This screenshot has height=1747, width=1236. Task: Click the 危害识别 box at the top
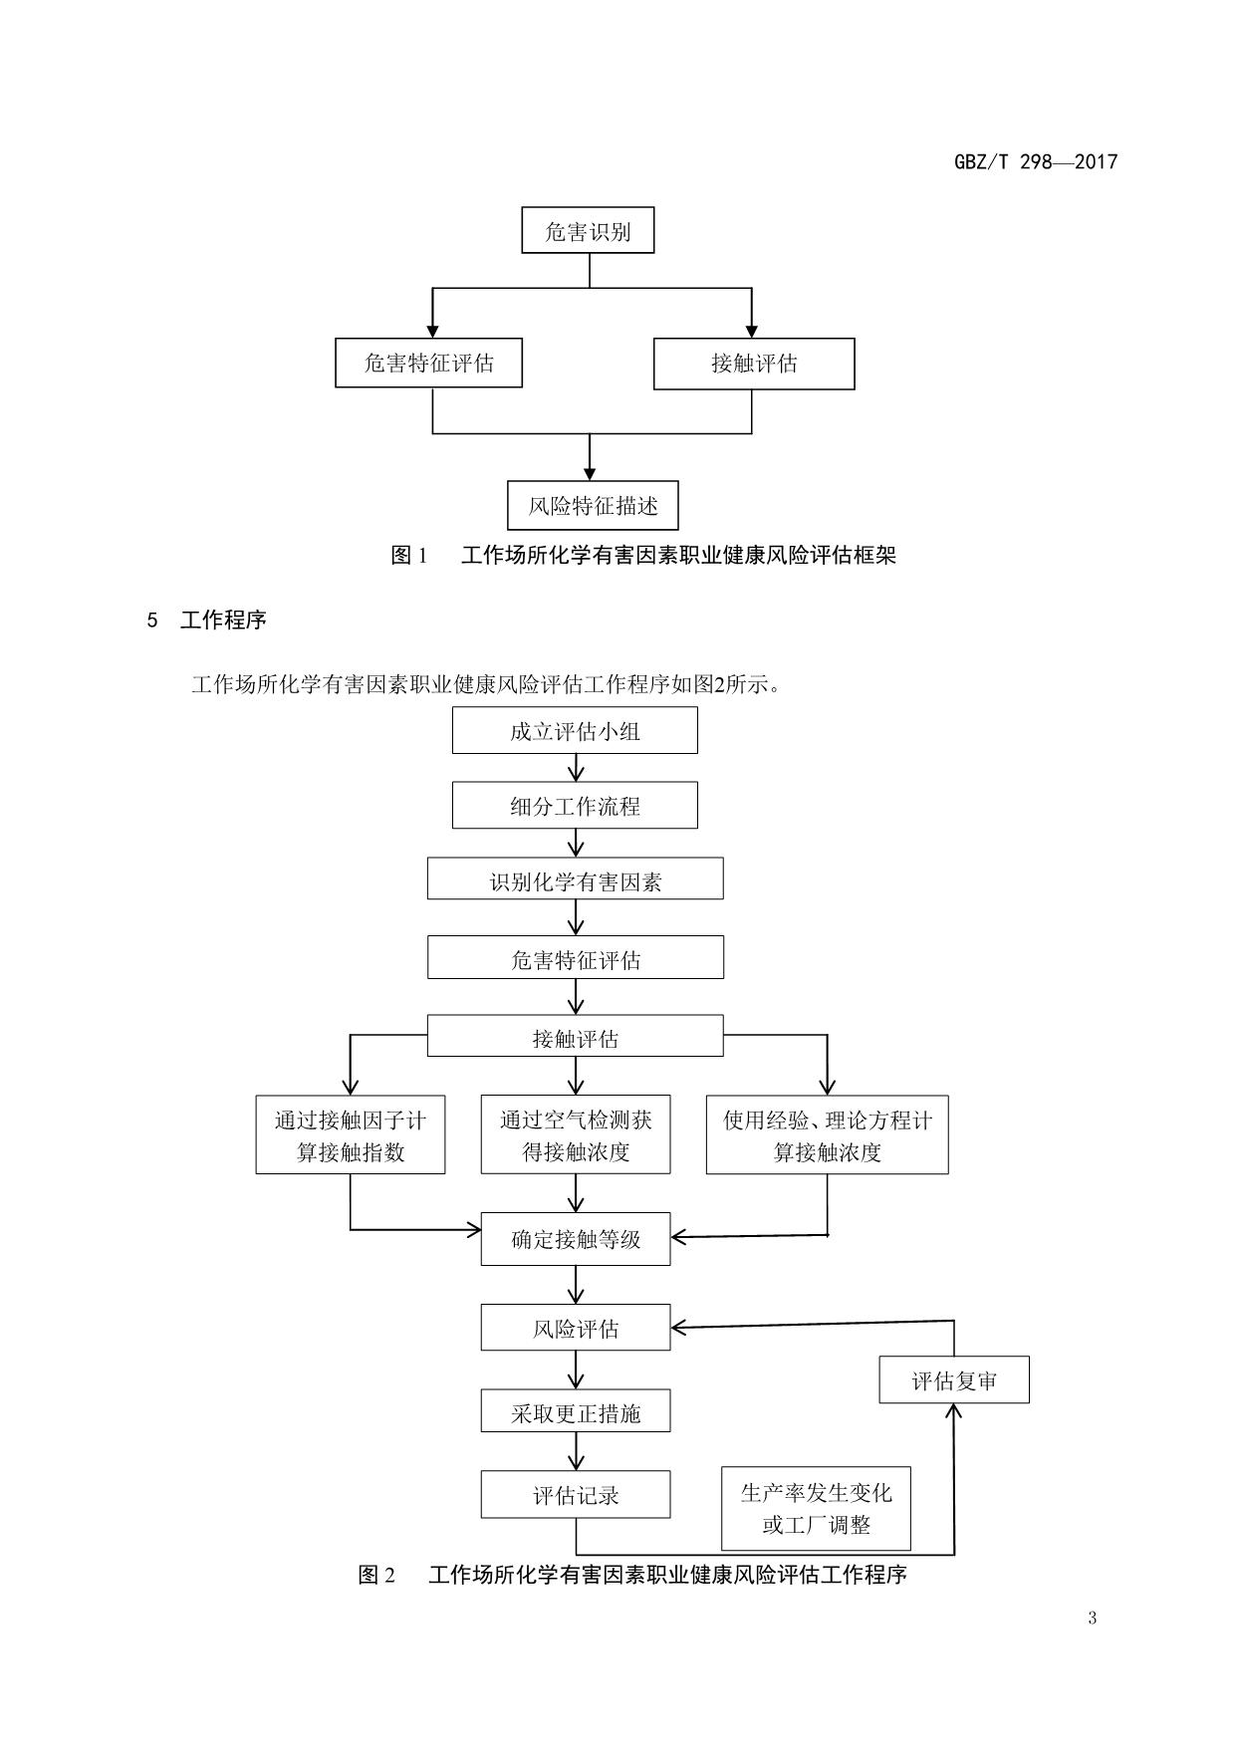pyautogui.click(x=588, y=231)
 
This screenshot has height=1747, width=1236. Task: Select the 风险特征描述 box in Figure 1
pyautogui.click(x=593, y=506)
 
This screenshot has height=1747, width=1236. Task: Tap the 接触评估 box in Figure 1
pyautogui.click(x=754, y=364)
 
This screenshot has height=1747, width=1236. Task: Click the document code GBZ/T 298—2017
pyautogui.click(x=1036, y=162)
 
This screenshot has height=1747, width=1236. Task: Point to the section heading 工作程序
pyautogui.click(x=223, y=620)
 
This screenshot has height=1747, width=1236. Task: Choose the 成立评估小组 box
pyautogui.click(x=575, y=731)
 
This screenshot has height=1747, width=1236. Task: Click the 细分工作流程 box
pyautogui.click(x=575, y=806)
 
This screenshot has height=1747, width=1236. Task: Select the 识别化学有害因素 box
pyautogui.click(x=575, y=880)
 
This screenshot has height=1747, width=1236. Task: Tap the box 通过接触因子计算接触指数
pyautogui.click(x=351, y=1135)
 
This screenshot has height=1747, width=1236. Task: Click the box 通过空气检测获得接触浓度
pyautogui.click(x=576, y=1135)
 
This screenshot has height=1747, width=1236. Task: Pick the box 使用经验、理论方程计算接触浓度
pyautogui.click(x=827, y=1135)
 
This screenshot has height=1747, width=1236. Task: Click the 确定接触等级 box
pyautogui.click(x=576, y=1240)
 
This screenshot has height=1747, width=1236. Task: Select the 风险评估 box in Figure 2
pyautogui.click(x=576, y=1329)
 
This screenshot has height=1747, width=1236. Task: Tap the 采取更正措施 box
pyautogui.click(x=576, y=1412)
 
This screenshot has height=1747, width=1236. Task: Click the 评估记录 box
pyautogui.click(x=576, y=1495)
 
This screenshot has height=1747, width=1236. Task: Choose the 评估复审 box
pyautogui.click(x=953, y=1380)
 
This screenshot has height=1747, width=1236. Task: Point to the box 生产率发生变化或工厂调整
pyautogui.click(x=816, y=1508)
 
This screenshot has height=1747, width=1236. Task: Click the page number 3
pyautogui.click(x=1092, y=1618)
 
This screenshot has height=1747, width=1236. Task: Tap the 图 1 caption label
pyautogui.click(x=409, y=556)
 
